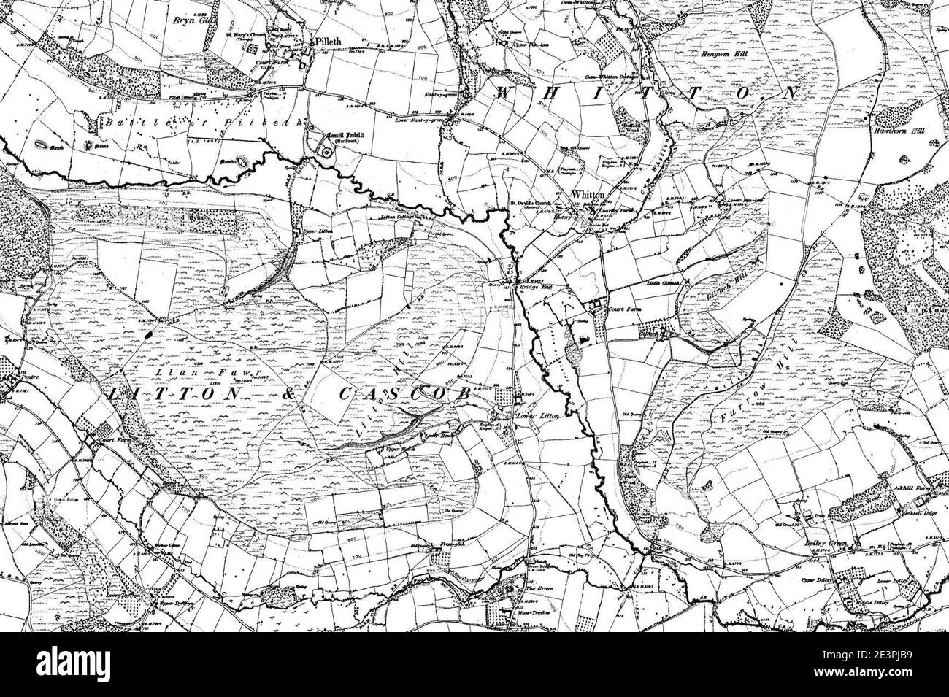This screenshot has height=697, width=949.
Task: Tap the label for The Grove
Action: [536, 588]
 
